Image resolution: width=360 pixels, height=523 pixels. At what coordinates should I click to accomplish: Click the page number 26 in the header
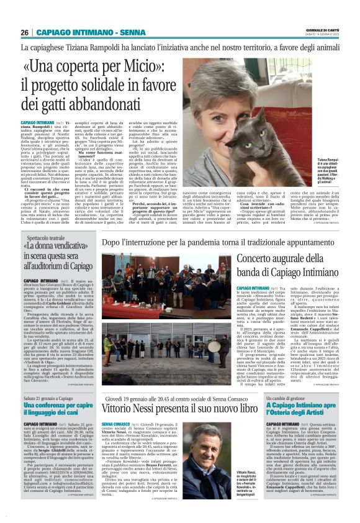click(x=25, y=32)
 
